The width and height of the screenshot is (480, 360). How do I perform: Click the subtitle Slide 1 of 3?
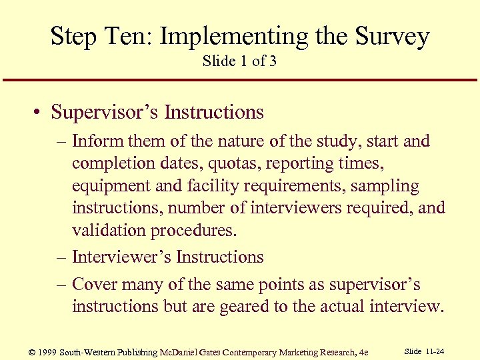point(239,61)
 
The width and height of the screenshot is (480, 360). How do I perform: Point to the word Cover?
point(95,285)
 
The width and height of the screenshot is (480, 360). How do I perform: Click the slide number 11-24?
point(438,351)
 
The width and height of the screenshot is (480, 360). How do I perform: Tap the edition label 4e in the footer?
point(362,352)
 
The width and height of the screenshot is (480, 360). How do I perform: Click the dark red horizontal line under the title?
point(240,81)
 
